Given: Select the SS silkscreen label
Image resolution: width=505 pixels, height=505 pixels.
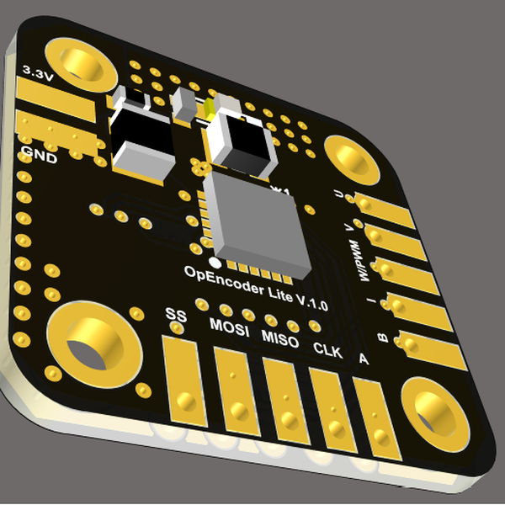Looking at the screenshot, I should click(x=175, y=316).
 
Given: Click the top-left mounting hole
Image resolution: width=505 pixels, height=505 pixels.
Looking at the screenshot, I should click(x=79, y=63).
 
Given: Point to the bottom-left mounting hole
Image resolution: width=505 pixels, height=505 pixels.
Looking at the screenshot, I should click(x=88, y=341).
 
